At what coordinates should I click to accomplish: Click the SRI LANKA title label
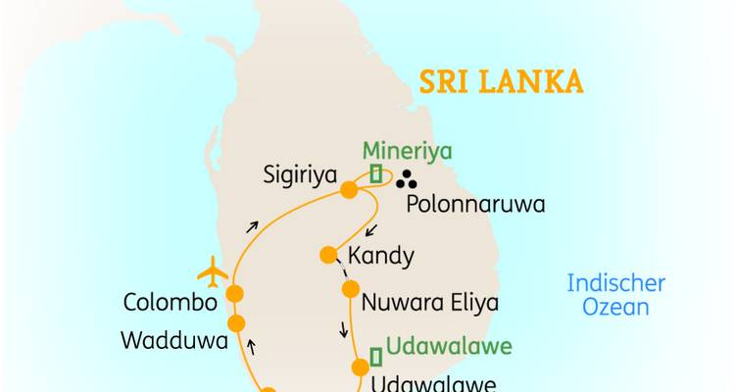click(501, 80)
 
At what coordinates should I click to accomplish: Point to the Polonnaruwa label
click(474, 206)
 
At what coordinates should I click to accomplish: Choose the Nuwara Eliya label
click(429, 301)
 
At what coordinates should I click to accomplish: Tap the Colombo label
click(171, 302)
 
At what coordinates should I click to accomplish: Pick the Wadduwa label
click(174, 341)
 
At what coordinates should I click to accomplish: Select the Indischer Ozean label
click(616, 294)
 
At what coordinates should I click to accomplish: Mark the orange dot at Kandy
click(328, 255)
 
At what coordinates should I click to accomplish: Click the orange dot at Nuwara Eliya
click(350, 289)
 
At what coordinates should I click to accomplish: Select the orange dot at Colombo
click(235, 293)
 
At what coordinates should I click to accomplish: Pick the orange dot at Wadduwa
click(235, 323)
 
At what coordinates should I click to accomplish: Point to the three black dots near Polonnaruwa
click(404, 179)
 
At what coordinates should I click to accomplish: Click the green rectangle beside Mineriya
click(376, 173)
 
